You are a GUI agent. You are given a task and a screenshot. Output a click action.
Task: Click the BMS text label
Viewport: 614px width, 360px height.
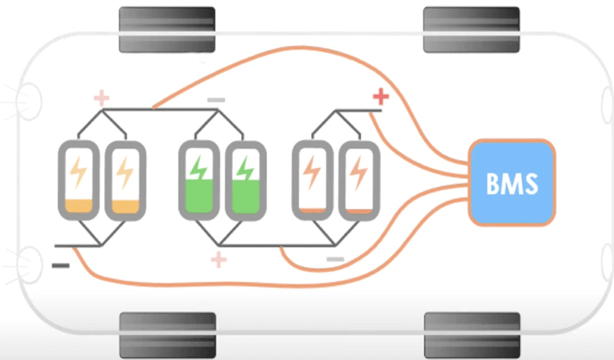[512, 184]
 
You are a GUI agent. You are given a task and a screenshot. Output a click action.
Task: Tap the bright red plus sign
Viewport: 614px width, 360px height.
[381, 97]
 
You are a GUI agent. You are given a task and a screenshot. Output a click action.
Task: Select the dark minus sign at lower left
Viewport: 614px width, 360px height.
[61, 266]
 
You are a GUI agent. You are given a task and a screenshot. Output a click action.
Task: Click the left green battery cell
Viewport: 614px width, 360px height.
[199, 180]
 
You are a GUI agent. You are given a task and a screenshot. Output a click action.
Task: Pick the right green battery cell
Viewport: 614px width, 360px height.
[246, 180]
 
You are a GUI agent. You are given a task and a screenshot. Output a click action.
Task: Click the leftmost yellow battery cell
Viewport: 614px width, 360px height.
[79, 180]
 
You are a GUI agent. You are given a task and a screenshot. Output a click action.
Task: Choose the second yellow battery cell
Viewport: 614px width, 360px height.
[125, 180]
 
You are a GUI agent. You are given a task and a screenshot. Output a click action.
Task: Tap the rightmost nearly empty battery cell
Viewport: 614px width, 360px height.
[359, 180]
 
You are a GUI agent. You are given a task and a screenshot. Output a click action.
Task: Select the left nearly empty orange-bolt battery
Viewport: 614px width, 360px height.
[312, 180]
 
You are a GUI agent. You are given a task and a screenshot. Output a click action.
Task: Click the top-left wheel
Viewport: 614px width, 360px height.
[167, 29]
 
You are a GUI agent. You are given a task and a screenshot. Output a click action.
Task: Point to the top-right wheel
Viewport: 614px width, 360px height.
[471, 29]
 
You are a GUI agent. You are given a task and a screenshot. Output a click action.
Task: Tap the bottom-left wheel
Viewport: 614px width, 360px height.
[168, 335]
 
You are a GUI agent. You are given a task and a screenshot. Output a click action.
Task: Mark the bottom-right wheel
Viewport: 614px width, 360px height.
[472, 335]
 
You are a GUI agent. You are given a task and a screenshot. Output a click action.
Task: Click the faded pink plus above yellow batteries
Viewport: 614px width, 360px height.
[101, 98]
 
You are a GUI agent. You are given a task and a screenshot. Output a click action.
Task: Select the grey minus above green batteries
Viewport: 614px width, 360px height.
[216, 100]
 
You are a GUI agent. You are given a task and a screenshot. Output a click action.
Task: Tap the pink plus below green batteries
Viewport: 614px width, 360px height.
[218, 260]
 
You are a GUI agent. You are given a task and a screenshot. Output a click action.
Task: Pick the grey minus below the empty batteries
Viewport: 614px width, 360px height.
[335, 259]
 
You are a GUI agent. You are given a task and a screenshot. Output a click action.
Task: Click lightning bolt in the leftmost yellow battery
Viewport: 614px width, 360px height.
[79, 172]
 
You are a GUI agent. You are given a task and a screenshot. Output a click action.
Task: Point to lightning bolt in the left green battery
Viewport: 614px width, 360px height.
[198, 169]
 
